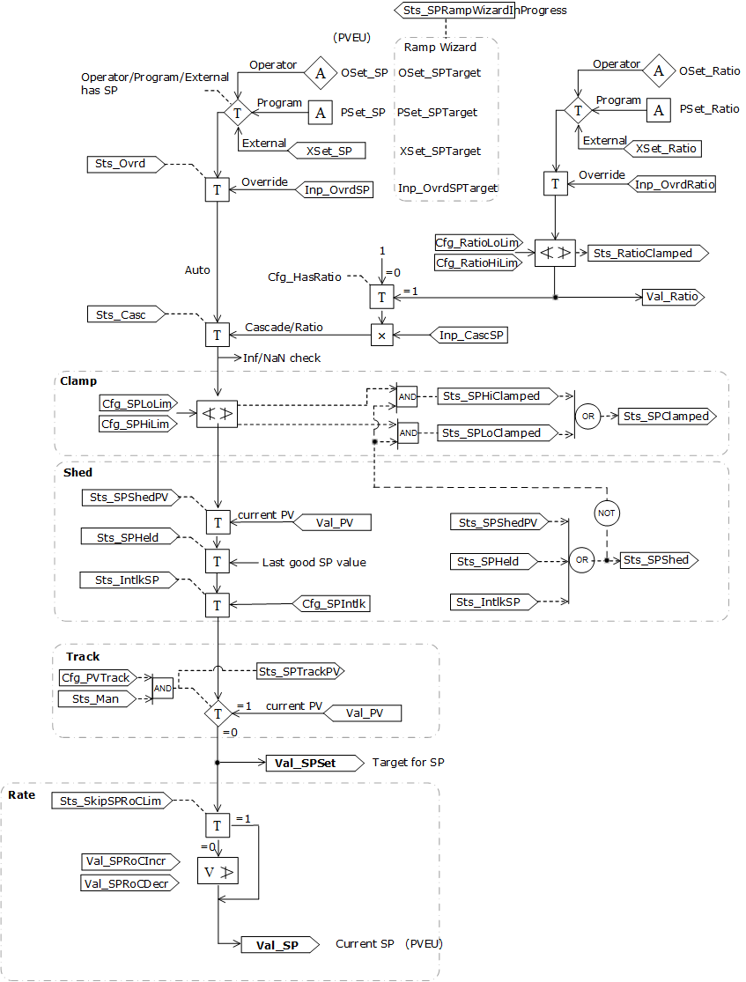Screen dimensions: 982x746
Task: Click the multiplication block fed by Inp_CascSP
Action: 381,335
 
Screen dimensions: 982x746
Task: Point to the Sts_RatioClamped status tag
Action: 647,253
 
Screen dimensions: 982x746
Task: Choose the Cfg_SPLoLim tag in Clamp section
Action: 135,402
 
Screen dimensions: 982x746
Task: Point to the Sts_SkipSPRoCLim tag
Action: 110,801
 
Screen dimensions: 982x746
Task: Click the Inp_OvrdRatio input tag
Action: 674,184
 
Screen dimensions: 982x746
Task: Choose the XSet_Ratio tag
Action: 666,148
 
